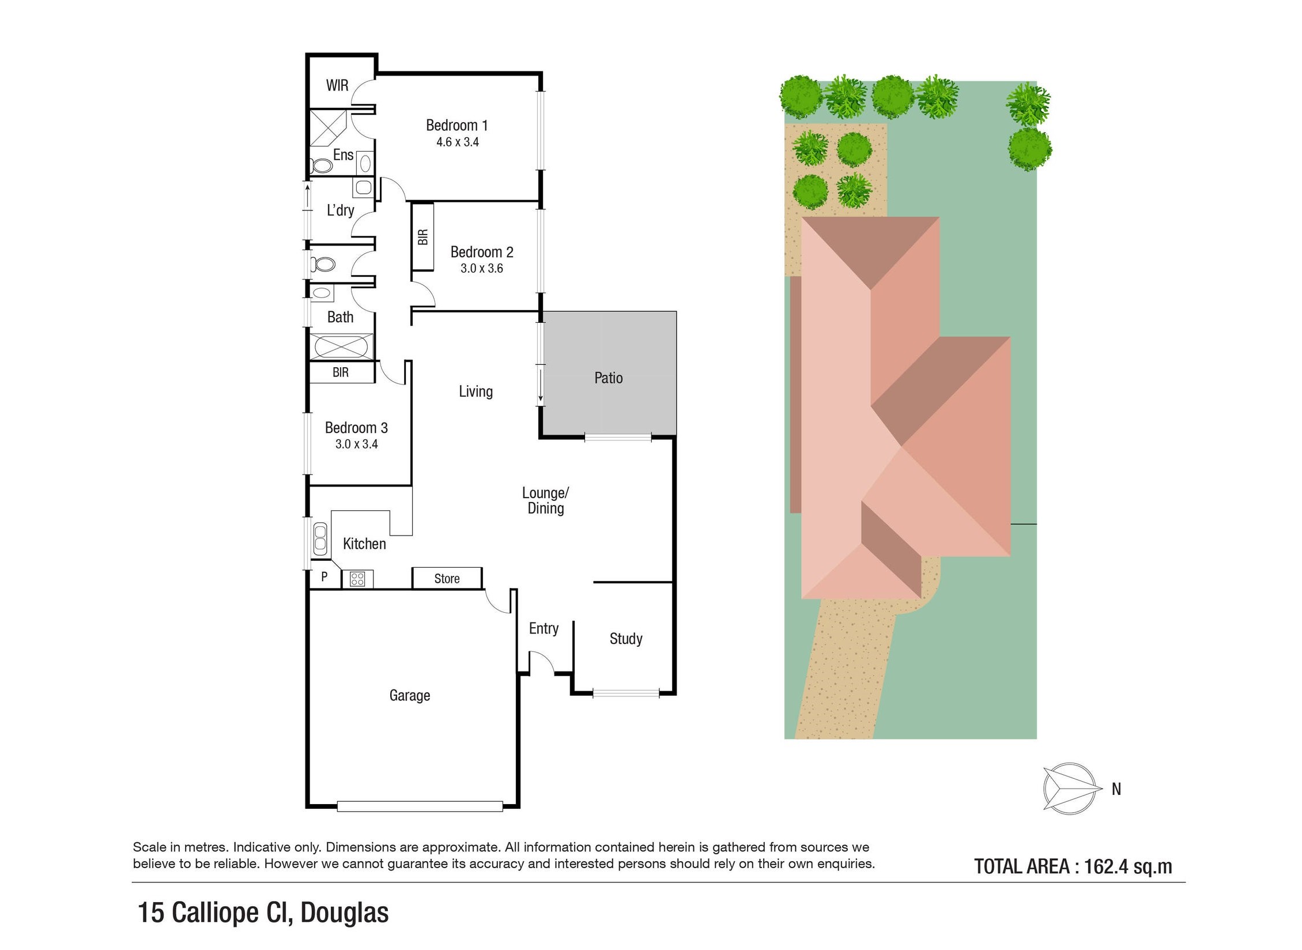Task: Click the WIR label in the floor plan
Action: pyautogui.click(x=337, y=85)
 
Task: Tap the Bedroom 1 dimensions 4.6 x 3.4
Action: pyautogui.click(x=458, y=142)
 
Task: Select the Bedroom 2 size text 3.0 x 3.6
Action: pyautogui.click(x=482, y=268)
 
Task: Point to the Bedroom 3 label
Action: pyautogui.click(x=356, y=428)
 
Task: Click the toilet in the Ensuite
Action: pyautogui.click(x=321, y=166)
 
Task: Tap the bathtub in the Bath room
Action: pyautogui.click(x=341, y=347)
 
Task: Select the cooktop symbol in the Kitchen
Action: pyautogui.click(x=357, y=579)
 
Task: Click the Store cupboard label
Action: pyautogui.click(x=447, y=579)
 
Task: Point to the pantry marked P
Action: pyautogui.click(x=324, y=576)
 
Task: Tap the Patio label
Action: pyautogui.click(x=609, y=378)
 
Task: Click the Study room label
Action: pyautogui.click(x=626, y=639)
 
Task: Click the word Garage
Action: pyautogui.click(x=410, y=695)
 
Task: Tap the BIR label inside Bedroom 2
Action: pyautogui.click(x=423, y=237)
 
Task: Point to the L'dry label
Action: pyautogui.click(x=340, y=210)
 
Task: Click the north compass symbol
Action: pyautogui.click(x=1070, y=789)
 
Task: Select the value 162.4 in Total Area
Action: pyautogui.click(x=1104, y=866)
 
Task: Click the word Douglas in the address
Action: pyautogui.click(x=345, y=913)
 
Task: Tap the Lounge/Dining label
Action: pyautogui.click(x=545, y=500)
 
